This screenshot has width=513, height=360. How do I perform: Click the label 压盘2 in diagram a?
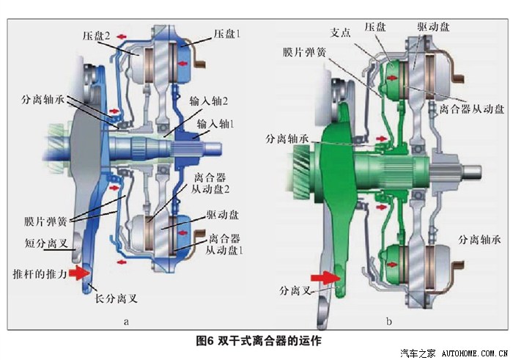(x=96, y=36)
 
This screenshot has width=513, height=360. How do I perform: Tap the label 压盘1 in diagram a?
(x=227, y=34)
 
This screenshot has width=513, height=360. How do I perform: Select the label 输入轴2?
(x=209, y=101)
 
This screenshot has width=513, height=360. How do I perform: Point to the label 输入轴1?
(x=216, y=124)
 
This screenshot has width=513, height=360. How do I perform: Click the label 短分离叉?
(x=46, y=243)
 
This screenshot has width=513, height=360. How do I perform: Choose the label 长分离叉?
(x=116, y=298)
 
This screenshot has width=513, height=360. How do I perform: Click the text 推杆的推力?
(x=40, y=273)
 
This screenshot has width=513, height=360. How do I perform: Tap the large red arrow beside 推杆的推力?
(x=78, y=273)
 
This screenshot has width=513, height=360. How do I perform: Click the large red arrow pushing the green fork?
(x=325, y=278)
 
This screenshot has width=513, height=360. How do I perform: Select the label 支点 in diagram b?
(x=340, y=32)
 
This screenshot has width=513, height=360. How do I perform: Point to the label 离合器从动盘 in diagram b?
(x=471, y=109)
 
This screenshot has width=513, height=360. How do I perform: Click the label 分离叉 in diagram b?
(x=295, y=290)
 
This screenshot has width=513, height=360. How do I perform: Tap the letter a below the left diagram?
(x=126, y=322)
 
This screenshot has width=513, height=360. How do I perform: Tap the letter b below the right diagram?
(x=388, y=321)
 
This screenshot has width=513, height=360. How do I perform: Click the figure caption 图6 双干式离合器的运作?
(x=259, y=341)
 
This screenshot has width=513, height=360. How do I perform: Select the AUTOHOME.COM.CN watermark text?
(x=475, y=353)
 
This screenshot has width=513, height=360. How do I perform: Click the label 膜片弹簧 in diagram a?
(x=45, y=221)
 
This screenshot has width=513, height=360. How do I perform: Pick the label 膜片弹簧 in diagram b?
(x=305, y=52)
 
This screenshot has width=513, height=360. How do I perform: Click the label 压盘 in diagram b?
(x=375, y=26)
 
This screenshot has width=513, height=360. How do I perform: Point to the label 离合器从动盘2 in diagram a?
(x=210, y=183)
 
